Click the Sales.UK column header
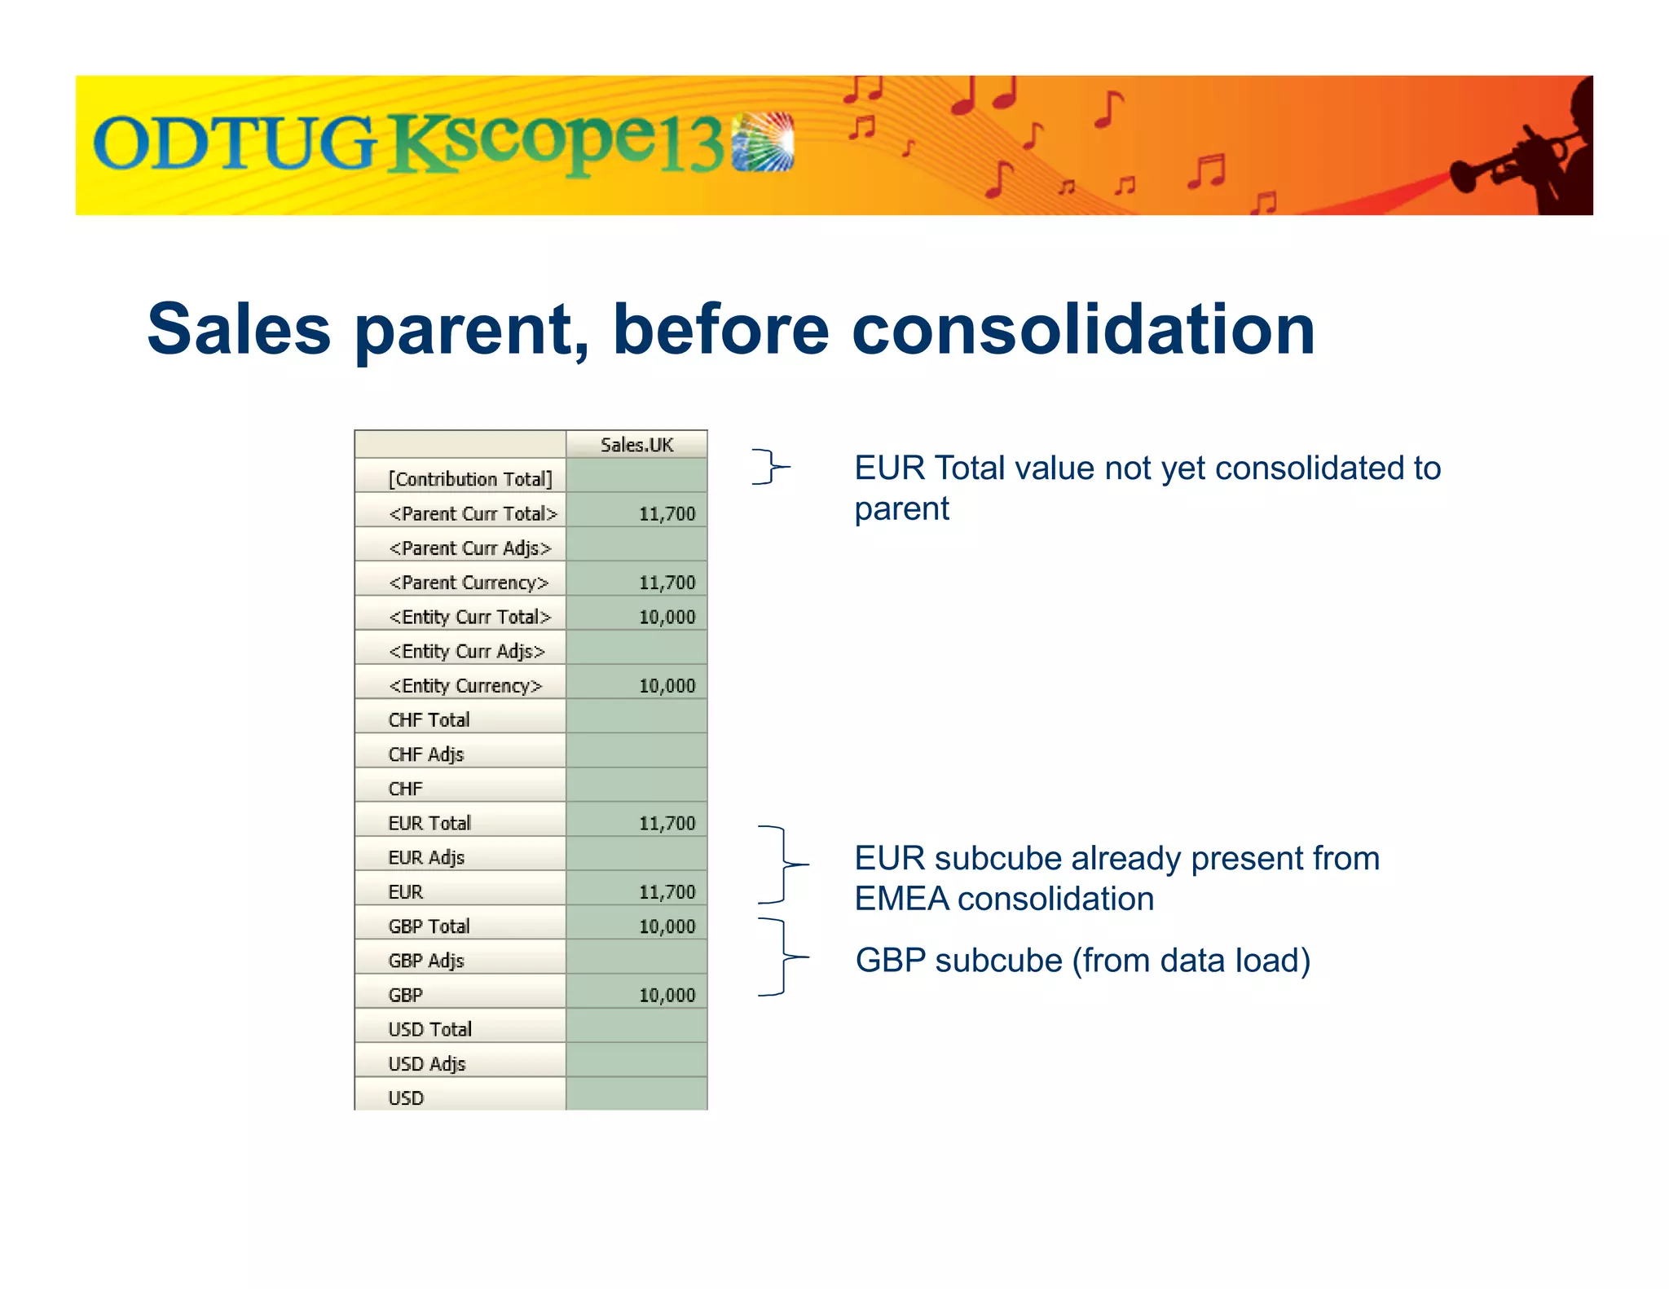coord(636,445)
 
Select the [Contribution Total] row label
coord(470,479)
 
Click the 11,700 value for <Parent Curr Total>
coord(667,513)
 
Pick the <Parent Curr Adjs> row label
coord(469,548)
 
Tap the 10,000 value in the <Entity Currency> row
coord(667,686)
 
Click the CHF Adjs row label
coord(426,754)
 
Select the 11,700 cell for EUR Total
coord(667,824)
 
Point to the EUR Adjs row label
coord(426,858)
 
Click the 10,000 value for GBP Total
coord(667,926)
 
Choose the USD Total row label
coord(429,1030)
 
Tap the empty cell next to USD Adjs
coord(636,1063)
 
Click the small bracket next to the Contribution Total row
coord(769,467)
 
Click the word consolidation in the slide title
coord(1083,329)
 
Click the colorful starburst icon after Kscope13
coord(762,142)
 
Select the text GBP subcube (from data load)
coord(1082,961)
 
